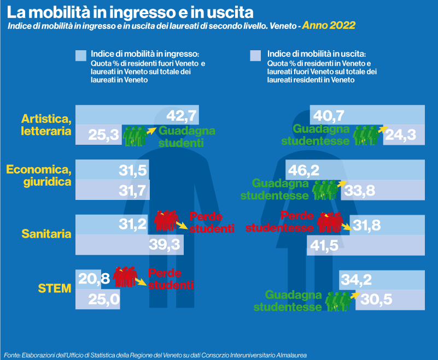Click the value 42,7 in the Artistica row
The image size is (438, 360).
point(181,116)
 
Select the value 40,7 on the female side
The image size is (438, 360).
point(329,116)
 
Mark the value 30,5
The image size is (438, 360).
point(376,300)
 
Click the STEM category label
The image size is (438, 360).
point(55,287)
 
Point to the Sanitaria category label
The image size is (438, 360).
point(46,234)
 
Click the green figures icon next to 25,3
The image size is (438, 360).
point(135,135)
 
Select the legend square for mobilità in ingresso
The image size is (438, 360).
point(81,56)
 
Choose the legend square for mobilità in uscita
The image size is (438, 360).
point(255,56)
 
